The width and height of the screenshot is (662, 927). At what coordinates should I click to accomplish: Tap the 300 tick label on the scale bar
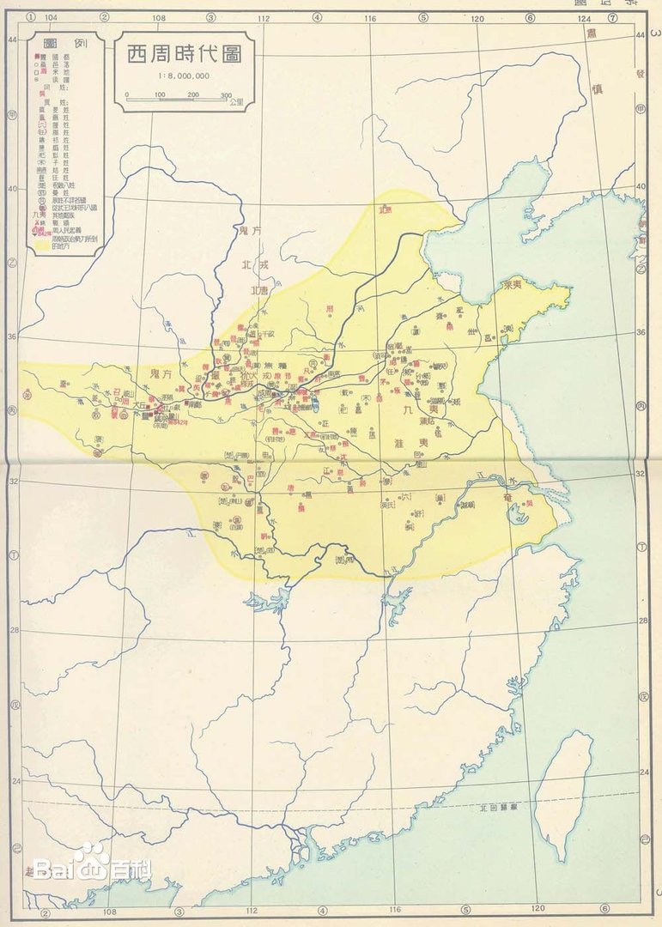point(226,95)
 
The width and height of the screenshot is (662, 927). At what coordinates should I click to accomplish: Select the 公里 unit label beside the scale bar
point(237,102)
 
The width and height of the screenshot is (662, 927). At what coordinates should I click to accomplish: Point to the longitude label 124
point(584,17)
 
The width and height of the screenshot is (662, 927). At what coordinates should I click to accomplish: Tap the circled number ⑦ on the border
point(611,17)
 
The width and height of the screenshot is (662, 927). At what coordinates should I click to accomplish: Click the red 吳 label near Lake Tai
point(530,504)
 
